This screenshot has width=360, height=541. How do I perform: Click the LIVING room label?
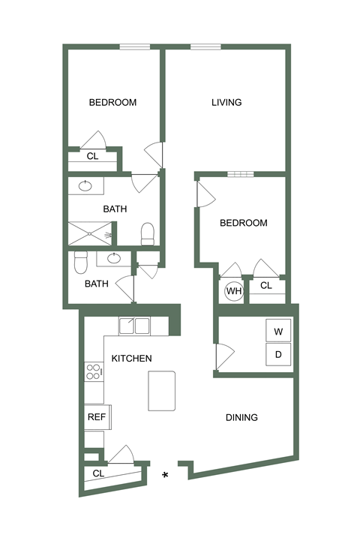pyautogui.click(x=226, y=103)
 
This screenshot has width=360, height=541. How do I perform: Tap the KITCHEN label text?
pyautogui.click(x=131, y=359)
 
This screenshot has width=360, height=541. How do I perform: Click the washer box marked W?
pyautogui.click(x=277, y=331)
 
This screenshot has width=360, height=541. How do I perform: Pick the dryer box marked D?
pyautogui.click(x=277, y=353)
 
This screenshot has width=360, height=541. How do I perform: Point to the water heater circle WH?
pyautogui.click(x=234, y=290)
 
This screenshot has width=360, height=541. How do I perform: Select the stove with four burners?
pyautogui.click(x=94, y=371)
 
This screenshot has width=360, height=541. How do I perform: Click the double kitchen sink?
pyautogui.click(x=135, y=326)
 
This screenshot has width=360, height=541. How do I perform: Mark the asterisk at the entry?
pyautogui.click(x=165, y=475)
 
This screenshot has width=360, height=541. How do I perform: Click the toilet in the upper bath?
pyautogui.click(x=148, y=233)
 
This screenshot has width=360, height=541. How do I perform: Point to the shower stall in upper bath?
pyautogui.click(x=91, y=234)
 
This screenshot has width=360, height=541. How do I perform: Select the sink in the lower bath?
pyautogui.click(x=113, y=259)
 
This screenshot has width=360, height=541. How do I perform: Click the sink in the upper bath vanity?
pyautogui.click(x=85, y=185)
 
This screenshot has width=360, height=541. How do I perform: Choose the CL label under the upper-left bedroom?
pyautogui.click(x=93, y=157)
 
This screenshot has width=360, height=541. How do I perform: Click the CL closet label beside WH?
pyautogui.click(x=266, y=286)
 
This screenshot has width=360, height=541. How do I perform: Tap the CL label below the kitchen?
pyautogui.click(x=98, y=473)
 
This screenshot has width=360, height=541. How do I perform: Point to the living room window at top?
pyautogui.click(x=205, y=47)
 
